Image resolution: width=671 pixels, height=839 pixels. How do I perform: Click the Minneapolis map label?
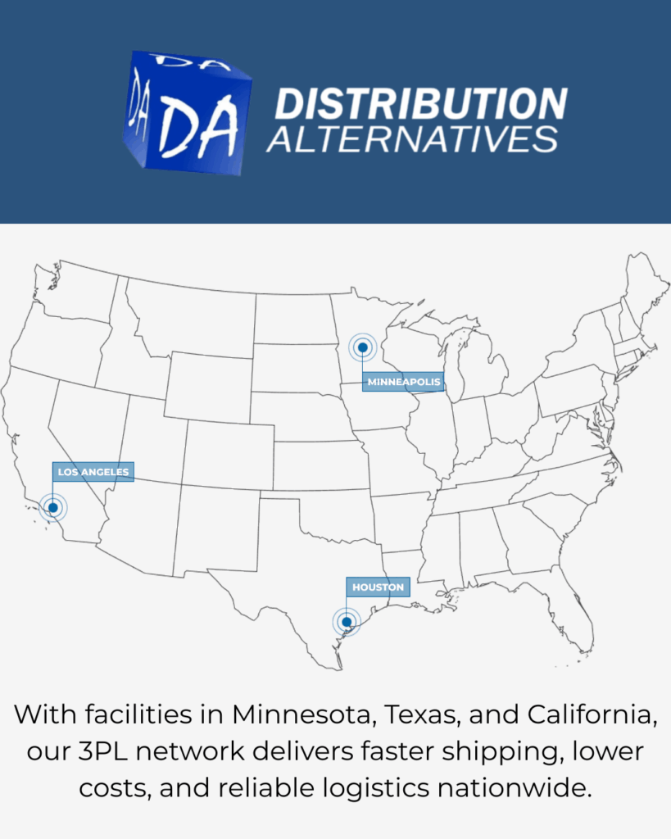coord(404,382)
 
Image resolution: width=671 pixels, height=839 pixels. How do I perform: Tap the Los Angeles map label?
coord(93,472)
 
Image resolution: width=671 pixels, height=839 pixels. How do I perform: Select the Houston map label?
coord(378,587)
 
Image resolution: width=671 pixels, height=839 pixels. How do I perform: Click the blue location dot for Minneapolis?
coord(362,347)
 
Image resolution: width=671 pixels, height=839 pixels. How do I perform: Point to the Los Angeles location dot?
coord(52,508)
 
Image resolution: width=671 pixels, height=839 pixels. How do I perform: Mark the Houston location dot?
coord(347,622)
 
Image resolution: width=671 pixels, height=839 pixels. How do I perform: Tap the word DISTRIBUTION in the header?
coord(420,104)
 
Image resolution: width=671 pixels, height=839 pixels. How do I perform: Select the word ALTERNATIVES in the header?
coord(412,138)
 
